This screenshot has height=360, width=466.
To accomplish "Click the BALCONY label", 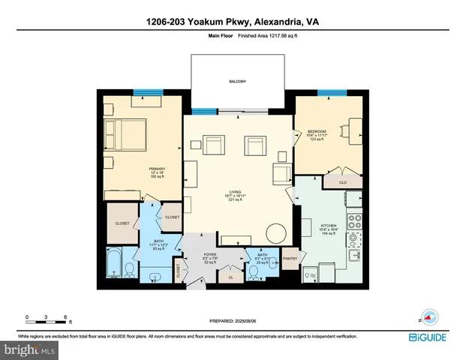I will tap(238, 81).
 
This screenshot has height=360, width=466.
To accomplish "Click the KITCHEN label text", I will tap(329, 225).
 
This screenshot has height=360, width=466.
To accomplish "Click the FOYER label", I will tap(210, 255).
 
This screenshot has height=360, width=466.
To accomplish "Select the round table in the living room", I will tap(276, 233).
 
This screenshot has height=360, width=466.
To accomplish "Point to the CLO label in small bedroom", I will tap(331, 181).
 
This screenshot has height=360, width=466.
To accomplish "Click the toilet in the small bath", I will tap(275, 263).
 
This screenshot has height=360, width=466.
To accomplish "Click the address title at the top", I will tap(233, 22).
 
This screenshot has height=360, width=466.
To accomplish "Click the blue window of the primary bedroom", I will tap(143, 92).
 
